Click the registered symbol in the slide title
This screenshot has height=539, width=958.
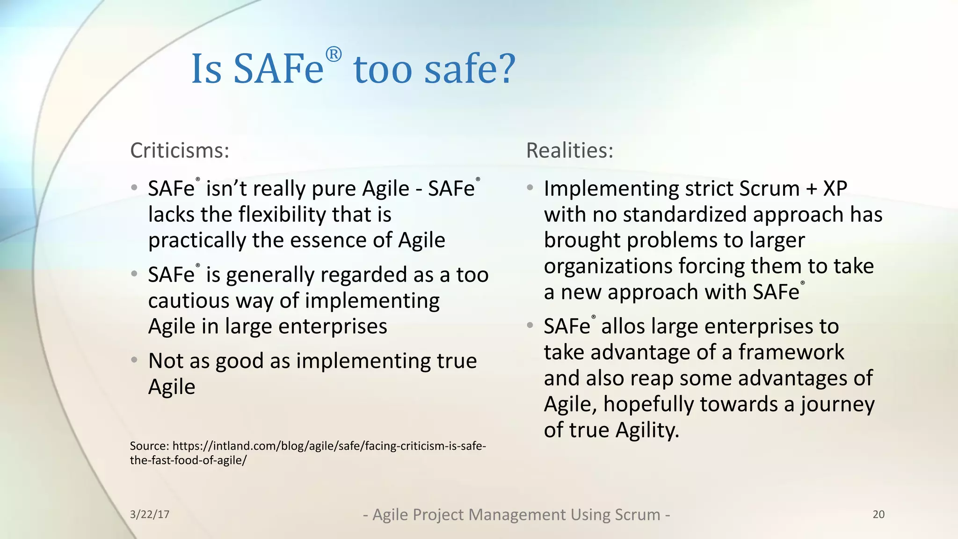point(334,55)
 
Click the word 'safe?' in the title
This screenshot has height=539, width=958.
point(470,69)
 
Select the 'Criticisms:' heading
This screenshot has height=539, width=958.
point(180,151)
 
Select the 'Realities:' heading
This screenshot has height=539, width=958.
point(569,151)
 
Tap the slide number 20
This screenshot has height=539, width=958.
point(878,514)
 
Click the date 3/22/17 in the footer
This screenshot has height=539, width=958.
point(150,514)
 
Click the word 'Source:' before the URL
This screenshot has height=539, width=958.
point(149,446)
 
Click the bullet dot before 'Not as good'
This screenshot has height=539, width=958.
point(134,360)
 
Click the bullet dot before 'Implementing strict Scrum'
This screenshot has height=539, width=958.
point(530,188)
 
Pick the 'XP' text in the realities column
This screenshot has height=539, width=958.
point(835,189)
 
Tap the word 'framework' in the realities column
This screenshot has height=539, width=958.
point(791,352)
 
